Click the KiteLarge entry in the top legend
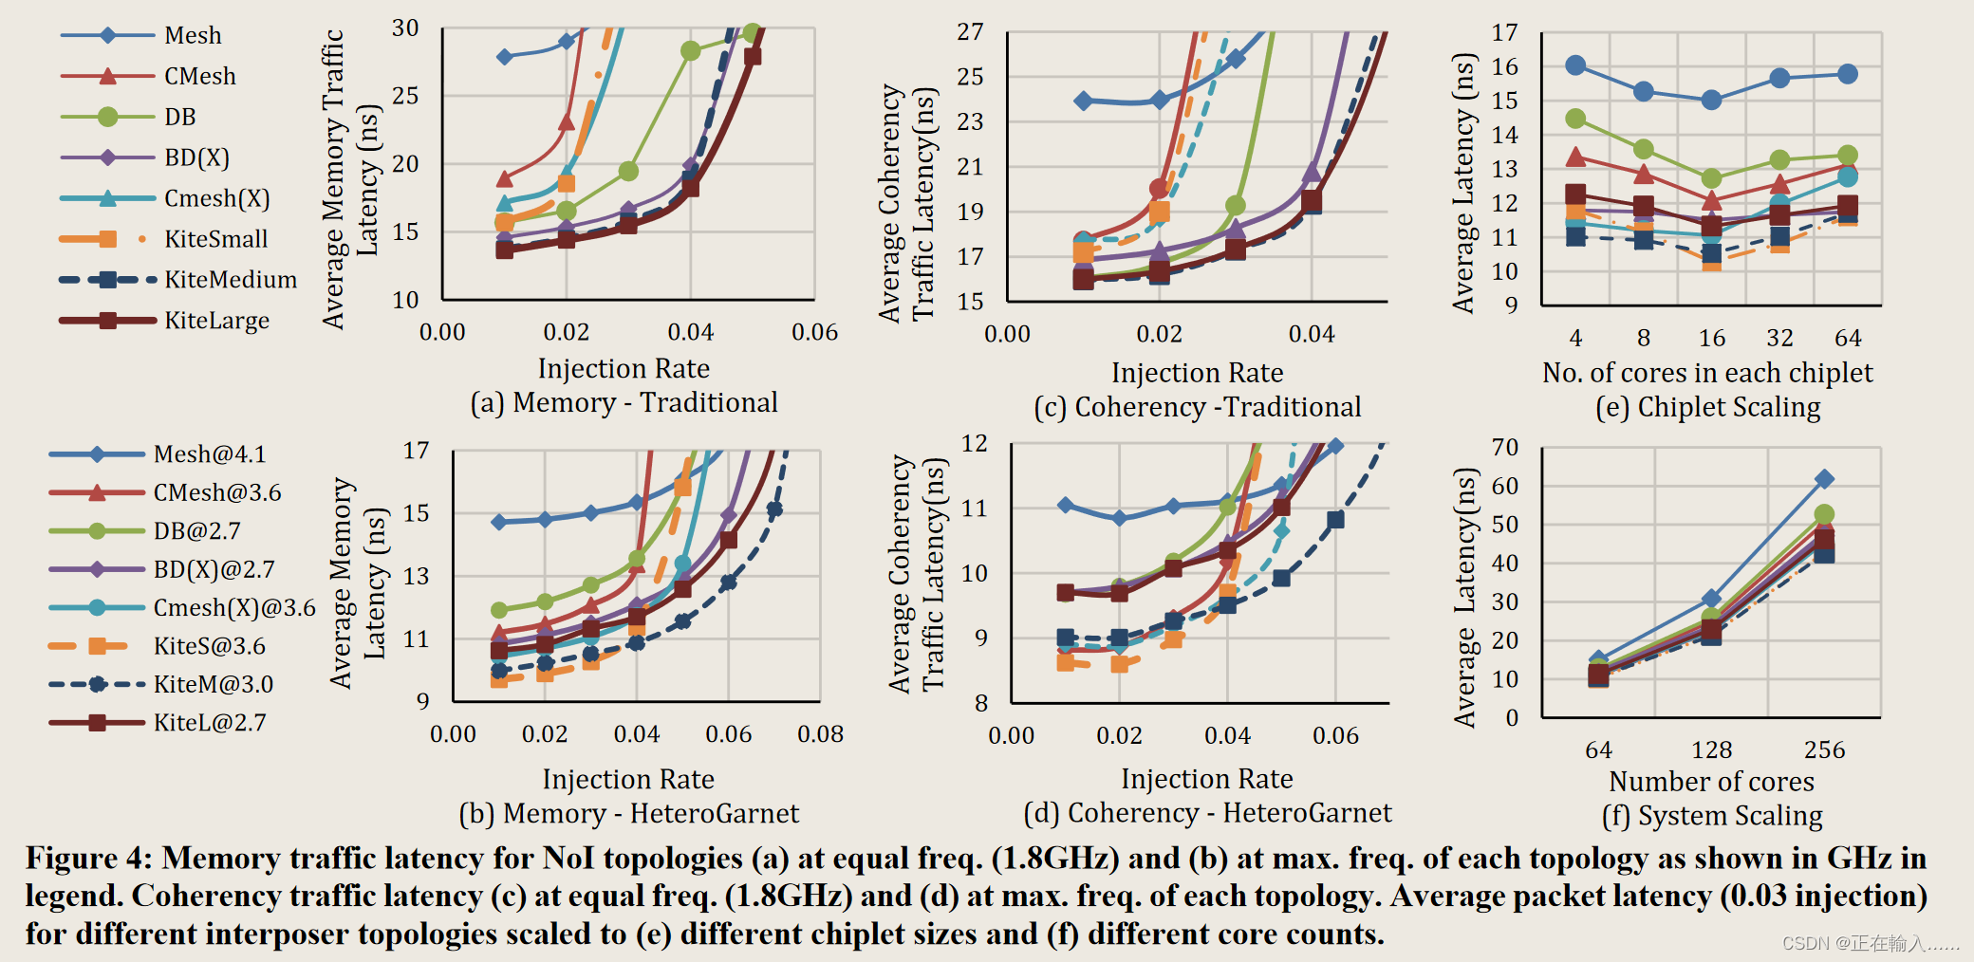[x=216, y=321]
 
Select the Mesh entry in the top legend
[x=193, y=36]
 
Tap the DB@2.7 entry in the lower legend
[x=196, y=531]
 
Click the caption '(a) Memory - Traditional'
[x=624, y=402]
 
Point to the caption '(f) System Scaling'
[x=1712, y=816]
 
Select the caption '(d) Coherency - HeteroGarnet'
[x=1207, y=813]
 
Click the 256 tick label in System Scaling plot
[x=1824, y=749]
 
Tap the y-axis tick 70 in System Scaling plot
[x=1504, y=447]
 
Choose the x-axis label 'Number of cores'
[x=1711, y=782]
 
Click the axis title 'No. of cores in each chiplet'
[x=1707, y=373]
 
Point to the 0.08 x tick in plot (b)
[x=820, y=734]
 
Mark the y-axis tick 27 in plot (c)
[x=970, y=32]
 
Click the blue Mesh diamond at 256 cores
[x=1824, y=479]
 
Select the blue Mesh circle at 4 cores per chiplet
[x=1575, y=65]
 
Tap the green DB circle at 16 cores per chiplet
[x=1711, y=178]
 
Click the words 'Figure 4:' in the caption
[x=88, y=859]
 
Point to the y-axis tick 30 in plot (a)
[x=405, y=28]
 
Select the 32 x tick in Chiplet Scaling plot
[x=1779, y=339]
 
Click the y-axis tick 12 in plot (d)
[x=975, y=444]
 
